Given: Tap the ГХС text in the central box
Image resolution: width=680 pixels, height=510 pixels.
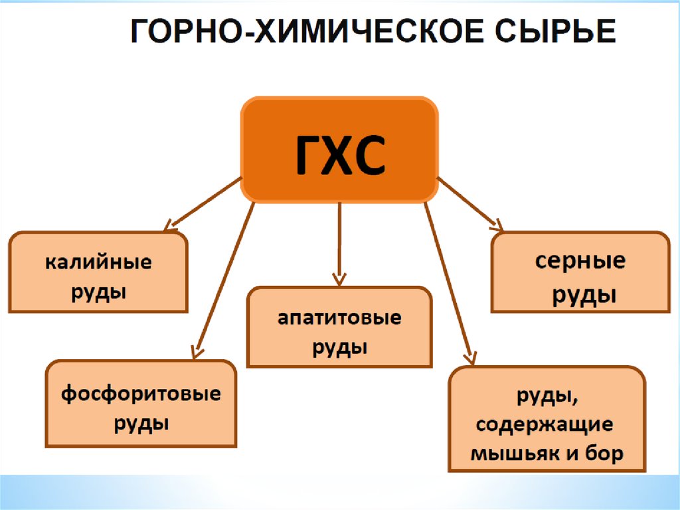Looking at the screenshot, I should coord(339,155).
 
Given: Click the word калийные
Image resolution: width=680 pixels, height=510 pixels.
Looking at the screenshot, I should coord(98,262).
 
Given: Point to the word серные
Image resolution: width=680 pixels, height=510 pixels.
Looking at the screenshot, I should coord(580,261).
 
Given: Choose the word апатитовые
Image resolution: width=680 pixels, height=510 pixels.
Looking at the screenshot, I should coord(339,317).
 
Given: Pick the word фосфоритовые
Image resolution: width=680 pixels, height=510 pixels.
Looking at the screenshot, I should coord(141,394).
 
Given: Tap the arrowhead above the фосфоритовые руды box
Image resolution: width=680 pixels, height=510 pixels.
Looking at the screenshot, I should coord(197,352).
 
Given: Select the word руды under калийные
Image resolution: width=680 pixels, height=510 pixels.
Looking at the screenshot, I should coord(99,291).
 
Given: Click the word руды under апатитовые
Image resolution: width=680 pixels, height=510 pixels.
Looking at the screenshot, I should coord(339,347).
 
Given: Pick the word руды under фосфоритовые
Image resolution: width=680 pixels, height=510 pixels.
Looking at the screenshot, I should coord(141,423).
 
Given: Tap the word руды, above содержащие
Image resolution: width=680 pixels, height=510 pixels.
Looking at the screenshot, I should coord(547,398).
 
